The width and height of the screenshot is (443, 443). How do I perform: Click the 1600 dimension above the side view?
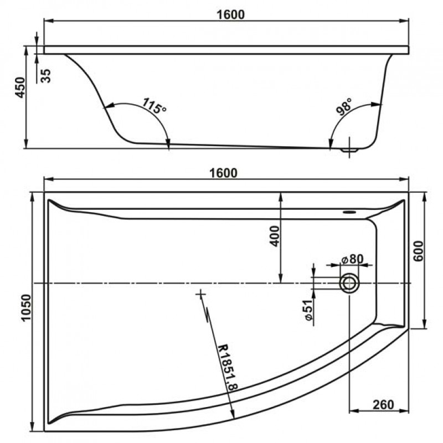(x=230, y=14)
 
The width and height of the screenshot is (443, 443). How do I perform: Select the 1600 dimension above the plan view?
(x=223, y=173)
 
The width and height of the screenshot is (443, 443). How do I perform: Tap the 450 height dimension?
(x=20, y=87)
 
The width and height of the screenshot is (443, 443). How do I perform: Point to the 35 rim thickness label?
(x=45, y=76)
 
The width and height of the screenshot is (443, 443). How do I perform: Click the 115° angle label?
(x=154, y=106)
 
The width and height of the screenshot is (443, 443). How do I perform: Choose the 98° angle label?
(x=344, y=106)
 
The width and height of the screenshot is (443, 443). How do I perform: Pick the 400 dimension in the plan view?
(x=275, y=236)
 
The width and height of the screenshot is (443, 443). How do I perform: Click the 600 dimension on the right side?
(x=419, y=251)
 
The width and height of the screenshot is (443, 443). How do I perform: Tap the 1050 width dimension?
(x=26, y=307)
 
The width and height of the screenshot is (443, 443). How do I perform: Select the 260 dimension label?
(x=383, y=405)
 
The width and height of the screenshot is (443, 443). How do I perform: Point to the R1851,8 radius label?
(x=228, y=367)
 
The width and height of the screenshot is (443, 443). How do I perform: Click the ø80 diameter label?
(x=352, y=259)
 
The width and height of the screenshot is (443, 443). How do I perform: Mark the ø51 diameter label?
(x=308, y=310)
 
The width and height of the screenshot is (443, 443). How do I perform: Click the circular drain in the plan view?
(x=349, y=283)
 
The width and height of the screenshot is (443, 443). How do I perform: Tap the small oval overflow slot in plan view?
(x=349, y=212)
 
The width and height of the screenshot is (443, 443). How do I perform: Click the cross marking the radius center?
(x=200, y=295)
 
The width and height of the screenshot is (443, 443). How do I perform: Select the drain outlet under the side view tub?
(x=349, y=150)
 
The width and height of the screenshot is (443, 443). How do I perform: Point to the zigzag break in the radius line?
(x=208, y=314)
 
